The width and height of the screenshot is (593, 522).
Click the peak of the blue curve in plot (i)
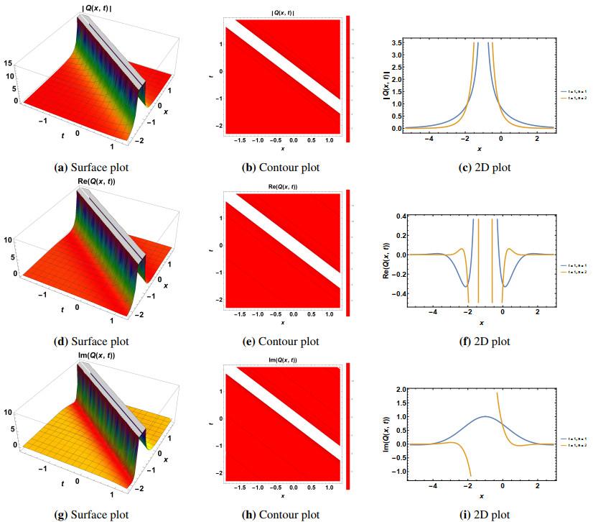coord(487,416)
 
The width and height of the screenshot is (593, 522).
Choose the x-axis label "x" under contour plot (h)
coord(282,497)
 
